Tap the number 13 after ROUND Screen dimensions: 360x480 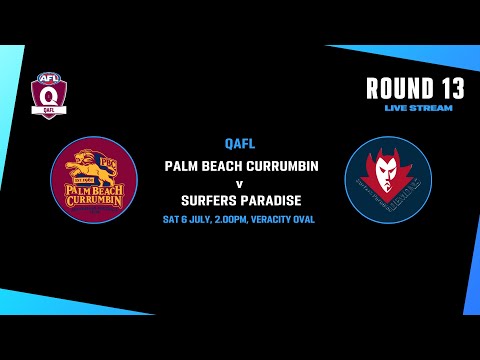pyautogui.click(x=445, y=89)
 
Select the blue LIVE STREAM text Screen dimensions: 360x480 pyautogui.click(x=418, y=107)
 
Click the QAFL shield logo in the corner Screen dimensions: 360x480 pyautogui.click(x=47, y=95)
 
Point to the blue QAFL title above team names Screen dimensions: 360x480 pyautogui.click(x=240, y=143)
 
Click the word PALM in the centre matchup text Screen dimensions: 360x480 pyautogui.click(x=181, y=166)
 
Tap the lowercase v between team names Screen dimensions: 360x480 pyautogui.click(x=240, y=183)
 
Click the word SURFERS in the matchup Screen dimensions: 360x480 pyautogui.click(x=207, y=200)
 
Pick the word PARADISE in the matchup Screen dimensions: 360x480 pyautogui.click(x=273, y=200)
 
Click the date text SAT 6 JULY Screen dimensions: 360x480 pyautogui.click(x=189, y=219)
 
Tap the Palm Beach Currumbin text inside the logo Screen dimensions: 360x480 pyautogui.click(x=93, y=193)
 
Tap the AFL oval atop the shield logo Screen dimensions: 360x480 pyautogui.click(x=47, y=79)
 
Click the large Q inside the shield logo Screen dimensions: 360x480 pyautogui.click(x=47, y=96)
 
